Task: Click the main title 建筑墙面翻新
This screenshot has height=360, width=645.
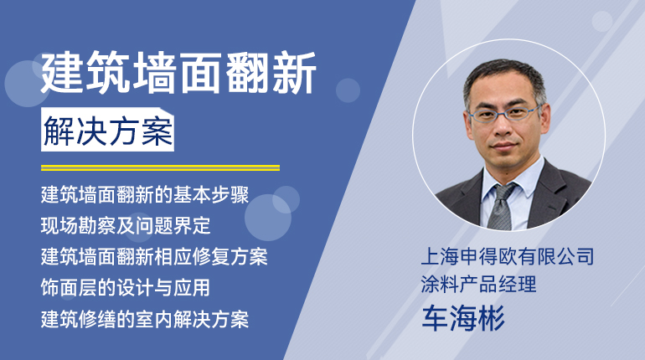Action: pyautogui.click(x=178, y=73)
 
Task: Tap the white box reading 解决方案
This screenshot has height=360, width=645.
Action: pyautogui.click(x=107, y=130)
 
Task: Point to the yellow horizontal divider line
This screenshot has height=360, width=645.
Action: pyautogui.click(x=160, y=167)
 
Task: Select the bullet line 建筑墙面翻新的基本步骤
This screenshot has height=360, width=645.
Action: pyautogui.click(x=145, y=195)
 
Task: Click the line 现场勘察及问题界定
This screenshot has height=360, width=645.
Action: pyautogui.click(x=126, y=225)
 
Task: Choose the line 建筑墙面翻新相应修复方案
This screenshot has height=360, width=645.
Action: pyautogui.click(x=154, y=256)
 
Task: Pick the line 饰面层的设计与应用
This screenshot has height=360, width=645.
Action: pyautogui.click(x=126, y=287)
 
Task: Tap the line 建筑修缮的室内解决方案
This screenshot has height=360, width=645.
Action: pyautogui.click(x=145, y=319)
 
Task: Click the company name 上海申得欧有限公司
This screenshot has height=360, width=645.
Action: pyautogui.click(x=507, y=256)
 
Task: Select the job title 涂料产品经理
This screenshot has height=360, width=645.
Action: pyautogui.click(x=478, y=284)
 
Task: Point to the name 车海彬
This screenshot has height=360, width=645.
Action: pyautogui.click(x=462, y=317)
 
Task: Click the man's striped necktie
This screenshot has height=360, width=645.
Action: pyautogui.click(x=501, y=208)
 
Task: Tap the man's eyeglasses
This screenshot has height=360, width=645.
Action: pyautogui.click(x=505, y=113)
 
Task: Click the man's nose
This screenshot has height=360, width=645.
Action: pyautogui.click(x=503, y=128)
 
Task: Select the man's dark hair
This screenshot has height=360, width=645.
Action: pyautogui.click(x=504, y=78)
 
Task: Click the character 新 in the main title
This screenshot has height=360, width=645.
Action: pyautogui.click(x=294, y=73)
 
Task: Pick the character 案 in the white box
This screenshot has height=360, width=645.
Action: pyautogui.click(x=157, y=131)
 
